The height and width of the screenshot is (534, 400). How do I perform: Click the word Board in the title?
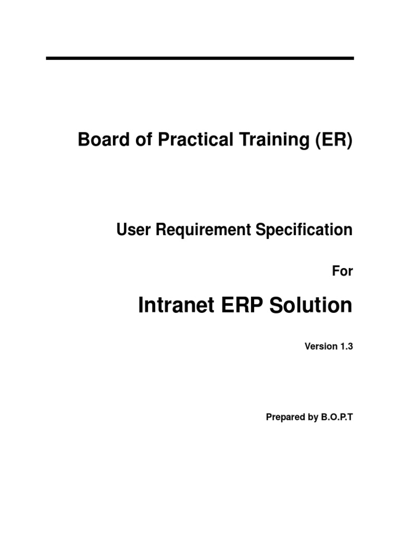[x=97, y=140]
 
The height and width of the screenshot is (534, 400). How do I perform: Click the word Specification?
[x=305, y=229]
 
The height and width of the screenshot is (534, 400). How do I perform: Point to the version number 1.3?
[x=346, y=346]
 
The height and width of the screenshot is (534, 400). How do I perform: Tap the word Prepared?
[x=284, y=417]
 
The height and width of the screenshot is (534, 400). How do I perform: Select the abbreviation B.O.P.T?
[x=334, y=417]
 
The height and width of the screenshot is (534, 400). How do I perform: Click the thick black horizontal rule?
[x=200, y=58]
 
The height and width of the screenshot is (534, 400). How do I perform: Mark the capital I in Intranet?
[x=141, y=306]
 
